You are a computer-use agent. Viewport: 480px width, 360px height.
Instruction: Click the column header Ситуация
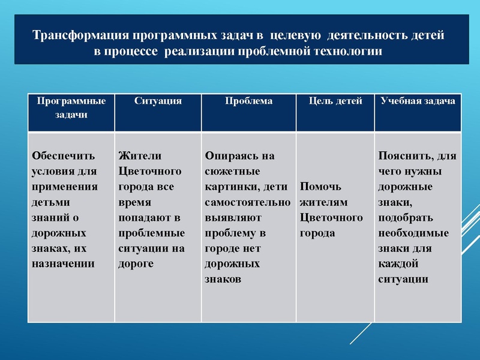[x=158, y=101]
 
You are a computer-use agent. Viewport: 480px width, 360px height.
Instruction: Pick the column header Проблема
[x=248, y=101]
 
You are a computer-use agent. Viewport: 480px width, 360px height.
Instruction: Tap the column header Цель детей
[x=335, y=101]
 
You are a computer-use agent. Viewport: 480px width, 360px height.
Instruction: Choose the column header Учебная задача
[x=418, y=101]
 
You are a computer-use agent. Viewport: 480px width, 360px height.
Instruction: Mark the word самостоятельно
[x=247, y=202]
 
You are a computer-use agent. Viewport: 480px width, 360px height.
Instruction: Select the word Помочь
[x=320, y=186]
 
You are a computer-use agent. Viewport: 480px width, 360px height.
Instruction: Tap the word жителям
[x=323, y=202]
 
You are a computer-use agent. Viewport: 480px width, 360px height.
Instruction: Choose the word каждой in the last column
[x=398, y=263]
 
